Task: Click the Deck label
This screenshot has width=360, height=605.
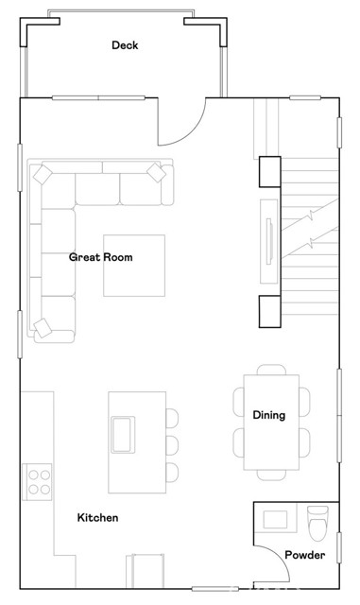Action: [x=125, y=45]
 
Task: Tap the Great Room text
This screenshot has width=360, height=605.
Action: [x=100, y=257]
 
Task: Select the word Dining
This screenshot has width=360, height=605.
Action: [x=268, y=415]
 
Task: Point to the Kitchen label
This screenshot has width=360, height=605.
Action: [x=97, y=518]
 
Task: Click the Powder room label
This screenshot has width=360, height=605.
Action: [x=305, y=555]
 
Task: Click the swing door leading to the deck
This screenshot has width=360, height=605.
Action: [x=182, y=122]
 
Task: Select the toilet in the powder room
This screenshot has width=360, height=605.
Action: [x=317, y=520]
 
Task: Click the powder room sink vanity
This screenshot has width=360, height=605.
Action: [x=277, y=519]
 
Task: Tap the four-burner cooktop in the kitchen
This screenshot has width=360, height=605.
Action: [x=38, y=480]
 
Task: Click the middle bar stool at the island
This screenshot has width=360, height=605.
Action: [x=171, y=444]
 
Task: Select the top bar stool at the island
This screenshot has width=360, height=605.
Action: [x=171, y=417]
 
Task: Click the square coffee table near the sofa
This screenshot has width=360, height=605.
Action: [x=134, y=265]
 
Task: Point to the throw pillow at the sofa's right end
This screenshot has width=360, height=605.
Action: [x=157, y=172]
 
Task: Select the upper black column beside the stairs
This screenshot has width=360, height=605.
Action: [x=268, y=170]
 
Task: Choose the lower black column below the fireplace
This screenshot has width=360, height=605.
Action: [x=268, y=311]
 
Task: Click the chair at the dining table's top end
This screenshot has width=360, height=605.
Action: [x=272, y=369]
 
